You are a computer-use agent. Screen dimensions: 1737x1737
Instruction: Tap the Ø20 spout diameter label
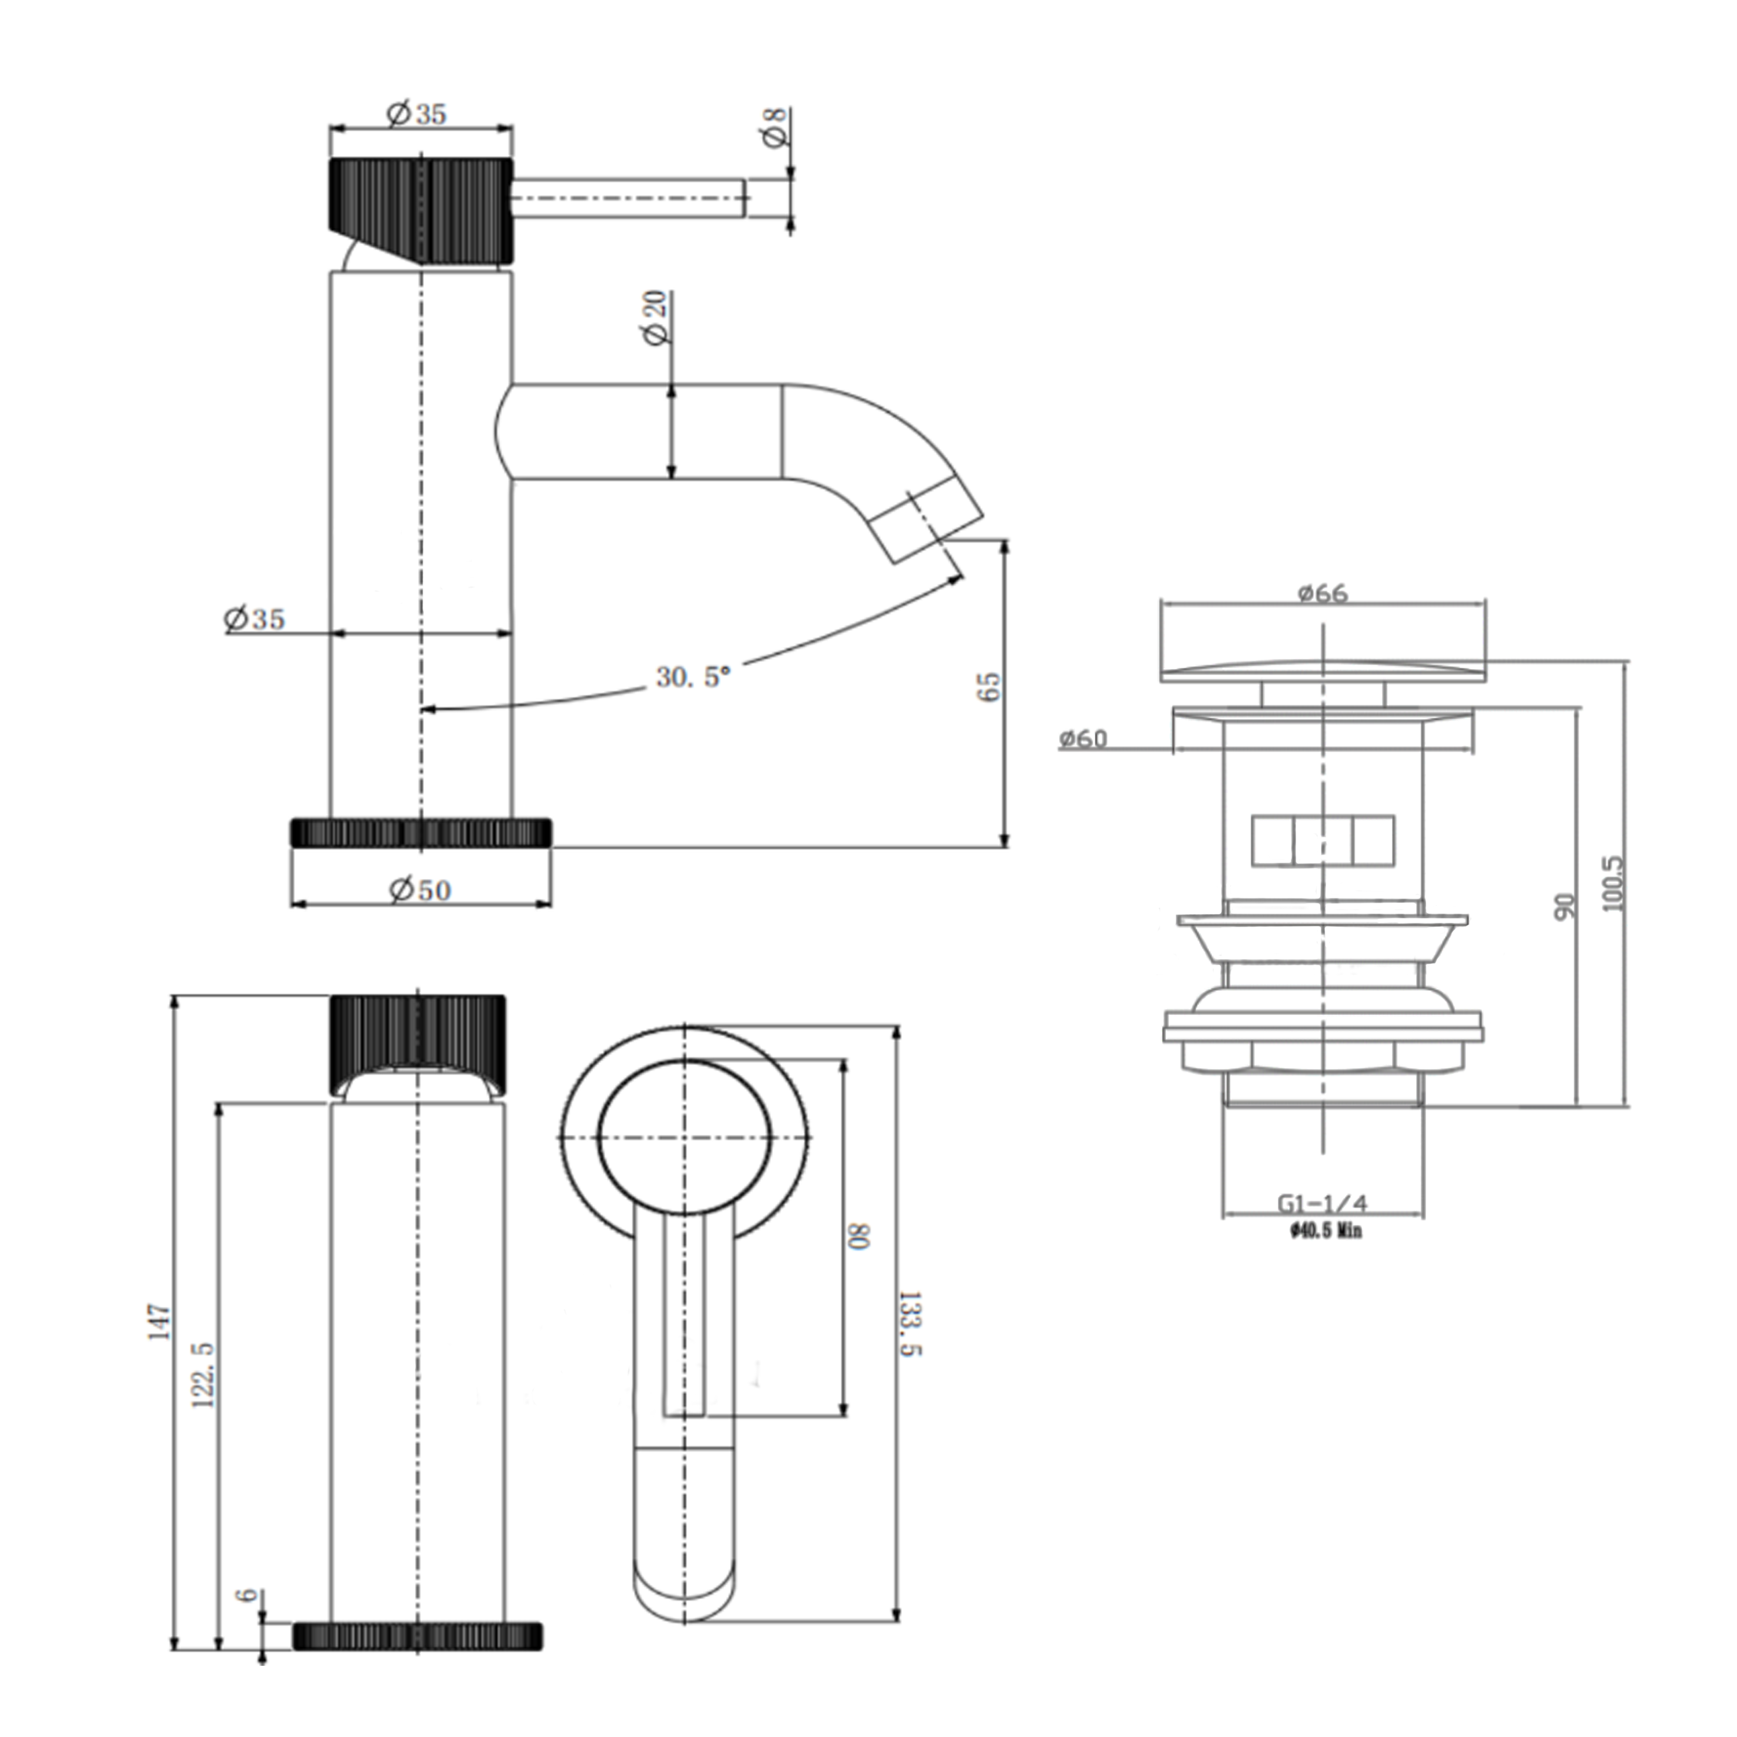point(657,317)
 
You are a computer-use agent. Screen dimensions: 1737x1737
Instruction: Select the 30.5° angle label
point(692,676)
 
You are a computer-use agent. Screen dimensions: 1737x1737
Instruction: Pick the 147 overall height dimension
point(159,1322)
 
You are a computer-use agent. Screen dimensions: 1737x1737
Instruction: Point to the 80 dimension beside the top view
point(859,1236)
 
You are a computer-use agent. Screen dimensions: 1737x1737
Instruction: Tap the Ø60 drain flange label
point(1083,739)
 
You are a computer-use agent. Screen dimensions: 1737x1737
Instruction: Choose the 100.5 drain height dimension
point(1613,884)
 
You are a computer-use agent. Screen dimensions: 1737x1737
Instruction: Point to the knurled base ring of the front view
point(417,1636)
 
